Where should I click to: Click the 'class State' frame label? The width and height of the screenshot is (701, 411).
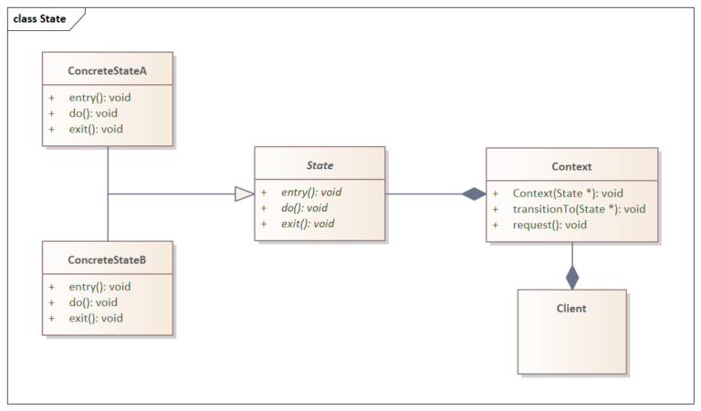(39, 18)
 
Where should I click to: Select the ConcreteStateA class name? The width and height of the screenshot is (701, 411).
(108, 69)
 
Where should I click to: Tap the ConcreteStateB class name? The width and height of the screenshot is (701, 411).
(107, 260)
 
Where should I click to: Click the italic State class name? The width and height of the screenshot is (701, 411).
(319, 165)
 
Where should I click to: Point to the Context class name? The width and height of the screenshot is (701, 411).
(571, 166)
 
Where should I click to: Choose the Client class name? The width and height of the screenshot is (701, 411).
(571, 308)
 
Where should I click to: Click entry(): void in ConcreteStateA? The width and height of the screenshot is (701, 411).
(99, 98)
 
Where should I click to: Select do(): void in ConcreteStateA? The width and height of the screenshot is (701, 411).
(93, 113)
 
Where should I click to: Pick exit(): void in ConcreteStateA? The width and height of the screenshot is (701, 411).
(96, 129)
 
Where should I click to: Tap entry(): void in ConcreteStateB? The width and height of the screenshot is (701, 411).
(99, 287)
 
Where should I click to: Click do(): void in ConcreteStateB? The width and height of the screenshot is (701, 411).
(93, 302)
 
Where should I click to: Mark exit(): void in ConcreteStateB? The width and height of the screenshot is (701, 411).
(96, 318)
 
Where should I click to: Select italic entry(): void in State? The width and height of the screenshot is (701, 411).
(311, 193)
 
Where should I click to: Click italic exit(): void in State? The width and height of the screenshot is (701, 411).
(308, 224)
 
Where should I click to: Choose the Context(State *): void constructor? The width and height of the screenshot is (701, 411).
(568, 194)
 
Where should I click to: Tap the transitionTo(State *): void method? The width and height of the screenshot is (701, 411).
(579, 209)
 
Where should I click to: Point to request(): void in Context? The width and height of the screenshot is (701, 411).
(549, 225)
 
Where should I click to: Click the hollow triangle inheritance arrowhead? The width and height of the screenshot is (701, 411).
(244, 194)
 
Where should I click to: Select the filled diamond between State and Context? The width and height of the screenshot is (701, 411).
(474, 194)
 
